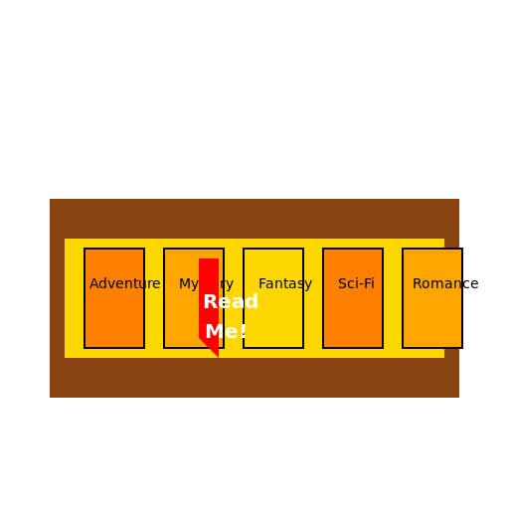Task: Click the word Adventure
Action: [x=124, y=283]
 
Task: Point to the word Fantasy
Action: [x=285, y=283]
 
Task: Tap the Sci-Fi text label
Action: [x=356, y=283]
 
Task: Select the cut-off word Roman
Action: [x=436, y=283]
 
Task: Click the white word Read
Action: [x=231, y=302]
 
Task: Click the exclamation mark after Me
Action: [x=243, y=332]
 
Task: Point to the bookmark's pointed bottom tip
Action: [x=216, y=354]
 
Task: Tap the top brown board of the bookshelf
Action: [x=254, y=218]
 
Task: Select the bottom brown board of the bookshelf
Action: [x=254, y=378]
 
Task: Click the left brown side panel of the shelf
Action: [x=57, y=298]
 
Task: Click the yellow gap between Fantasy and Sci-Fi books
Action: [x=313, y=298]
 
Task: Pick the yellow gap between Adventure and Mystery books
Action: [x=154, y=298]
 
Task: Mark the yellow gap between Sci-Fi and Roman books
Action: [x=393, y=298]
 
